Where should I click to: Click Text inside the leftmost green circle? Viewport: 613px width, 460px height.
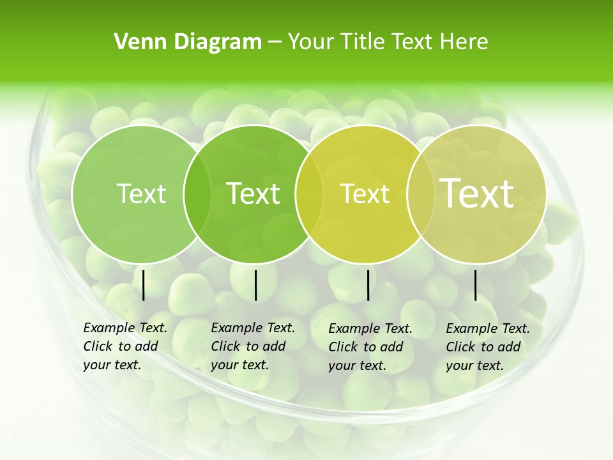[x=141, y=194]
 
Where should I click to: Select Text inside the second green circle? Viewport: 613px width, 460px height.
[x=253, y=194]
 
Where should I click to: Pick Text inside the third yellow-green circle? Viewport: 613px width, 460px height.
[x=365, y=194]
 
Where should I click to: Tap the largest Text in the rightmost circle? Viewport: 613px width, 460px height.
[x=476, y=193]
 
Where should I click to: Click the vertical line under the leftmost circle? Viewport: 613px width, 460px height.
[x=144, y=285]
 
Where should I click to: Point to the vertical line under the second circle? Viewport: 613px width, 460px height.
[x=255, y=285]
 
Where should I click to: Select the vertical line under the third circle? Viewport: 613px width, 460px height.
[x=368, y=285]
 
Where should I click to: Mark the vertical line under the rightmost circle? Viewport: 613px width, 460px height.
[x=476, y=285]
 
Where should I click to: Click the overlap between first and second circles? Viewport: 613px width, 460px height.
[x=197, y=194]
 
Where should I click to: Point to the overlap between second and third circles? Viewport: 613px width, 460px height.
[x=309, y=194]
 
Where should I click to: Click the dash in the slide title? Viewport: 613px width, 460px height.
[x=275, y=43]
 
